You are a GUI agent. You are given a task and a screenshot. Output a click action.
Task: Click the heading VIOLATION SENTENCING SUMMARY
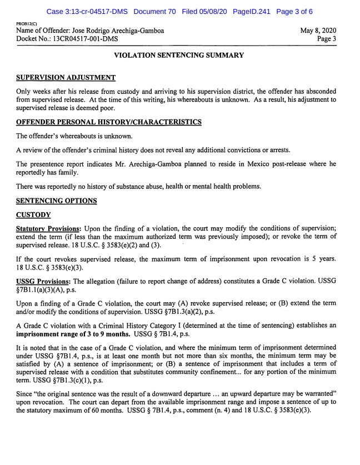tap(179, 56)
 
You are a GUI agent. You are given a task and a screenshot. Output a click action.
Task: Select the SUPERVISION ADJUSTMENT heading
tap(66, 77)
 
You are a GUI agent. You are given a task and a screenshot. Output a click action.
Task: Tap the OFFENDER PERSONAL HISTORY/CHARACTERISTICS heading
tap(108, 122)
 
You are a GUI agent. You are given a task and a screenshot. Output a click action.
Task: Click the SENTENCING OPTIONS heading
tap(56, 201)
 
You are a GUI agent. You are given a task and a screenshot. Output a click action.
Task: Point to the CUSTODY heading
tap(33, 215)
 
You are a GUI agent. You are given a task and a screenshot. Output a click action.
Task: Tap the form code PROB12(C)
tap(27, 24)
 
